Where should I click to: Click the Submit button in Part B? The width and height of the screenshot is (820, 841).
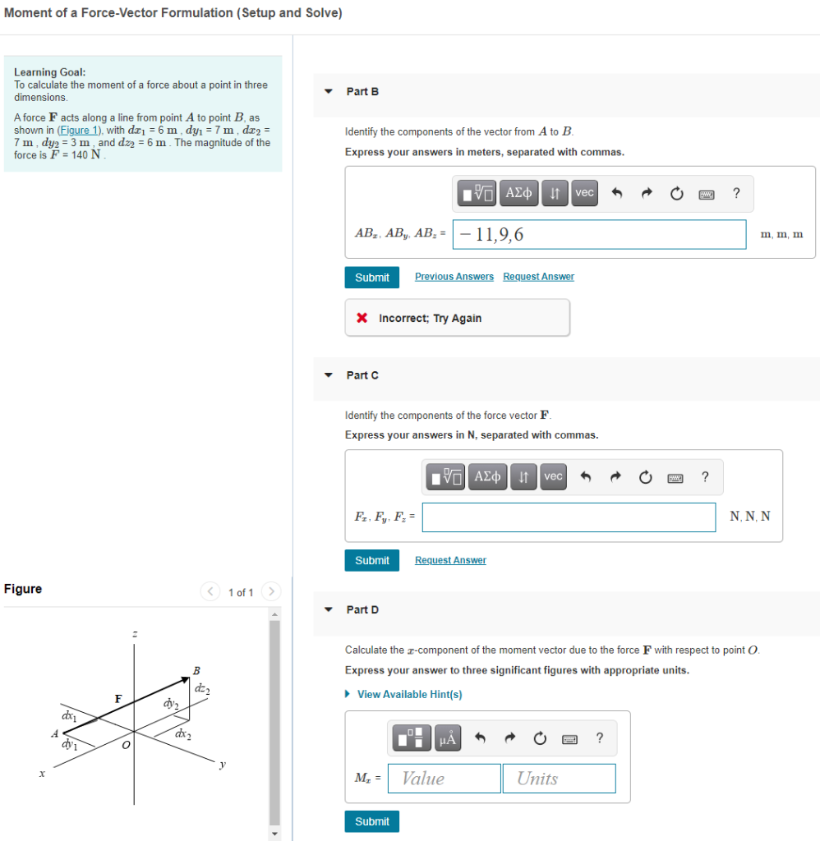372,278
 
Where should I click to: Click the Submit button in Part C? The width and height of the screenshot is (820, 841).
372,560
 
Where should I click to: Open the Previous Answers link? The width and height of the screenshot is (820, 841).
454,277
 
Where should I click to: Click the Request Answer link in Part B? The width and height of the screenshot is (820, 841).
538,277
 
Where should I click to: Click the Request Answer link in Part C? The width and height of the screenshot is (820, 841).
450,560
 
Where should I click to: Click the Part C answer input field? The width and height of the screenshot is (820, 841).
569,517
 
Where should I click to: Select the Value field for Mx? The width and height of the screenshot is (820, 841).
444,779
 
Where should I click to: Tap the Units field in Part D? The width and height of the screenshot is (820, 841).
559,779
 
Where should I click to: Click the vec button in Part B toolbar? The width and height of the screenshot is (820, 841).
584,193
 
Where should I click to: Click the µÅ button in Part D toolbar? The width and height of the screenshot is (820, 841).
448,739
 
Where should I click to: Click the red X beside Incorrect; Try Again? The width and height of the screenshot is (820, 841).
362,319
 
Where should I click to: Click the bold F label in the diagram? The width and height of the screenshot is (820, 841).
118,699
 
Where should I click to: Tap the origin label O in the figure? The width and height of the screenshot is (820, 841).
125,746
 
